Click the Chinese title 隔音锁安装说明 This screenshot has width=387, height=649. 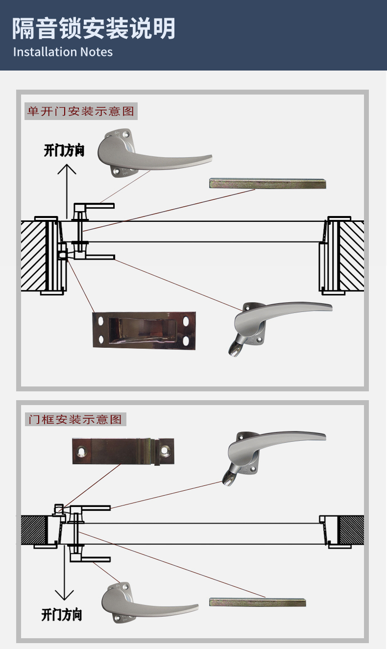94,28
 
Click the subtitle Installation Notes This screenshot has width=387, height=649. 63,52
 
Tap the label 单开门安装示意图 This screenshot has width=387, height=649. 81,111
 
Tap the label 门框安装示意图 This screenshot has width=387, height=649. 75,419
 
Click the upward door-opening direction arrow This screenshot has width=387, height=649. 67,191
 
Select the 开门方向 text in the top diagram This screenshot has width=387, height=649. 64,151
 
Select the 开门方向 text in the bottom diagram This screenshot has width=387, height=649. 61,615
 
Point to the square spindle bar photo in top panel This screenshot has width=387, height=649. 267,184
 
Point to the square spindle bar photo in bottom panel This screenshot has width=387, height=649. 258,602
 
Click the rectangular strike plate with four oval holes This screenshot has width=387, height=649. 144,331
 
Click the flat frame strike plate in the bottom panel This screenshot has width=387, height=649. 123,452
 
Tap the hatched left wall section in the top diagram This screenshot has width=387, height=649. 33,256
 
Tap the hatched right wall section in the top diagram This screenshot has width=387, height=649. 352,256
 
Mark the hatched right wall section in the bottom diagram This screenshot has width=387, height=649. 351,530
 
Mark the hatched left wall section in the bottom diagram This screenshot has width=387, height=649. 34,530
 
